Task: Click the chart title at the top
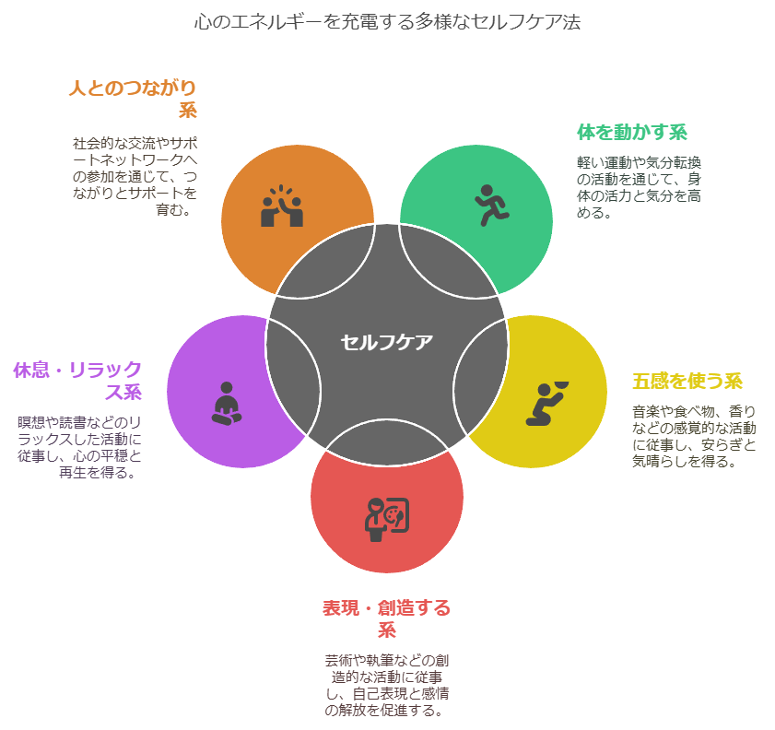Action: click(387, 22)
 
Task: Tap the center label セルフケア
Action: click(386, 342)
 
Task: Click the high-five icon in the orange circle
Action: click(282, 206)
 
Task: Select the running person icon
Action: click(492, 206)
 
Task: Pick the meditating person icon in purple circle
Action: click(227, 404)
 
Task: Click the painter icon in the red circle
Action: click(387, 520)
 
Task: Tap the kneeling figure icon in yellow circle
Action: click(546, 404)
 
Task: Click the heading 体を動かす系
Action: click(632, 132)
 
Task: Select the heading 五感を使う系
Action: click(687, 381)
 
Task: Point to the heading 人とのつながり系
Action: click(134, 99)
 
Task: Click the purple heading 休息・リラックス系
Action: click(78, 381)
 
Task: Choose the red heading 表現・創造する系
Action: click(386, 618)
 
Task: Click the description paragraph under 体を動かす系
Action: click(639, 187)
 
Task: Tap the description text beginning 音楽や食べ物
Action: click(694, 436)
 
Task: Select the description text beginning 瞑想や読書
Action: click(79, 447)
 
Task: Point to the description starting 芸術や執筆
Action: click(386, 685)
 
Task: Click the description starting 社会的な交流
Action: click(135, 176)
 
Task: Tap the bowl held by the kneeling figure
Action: click(561, 385)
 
